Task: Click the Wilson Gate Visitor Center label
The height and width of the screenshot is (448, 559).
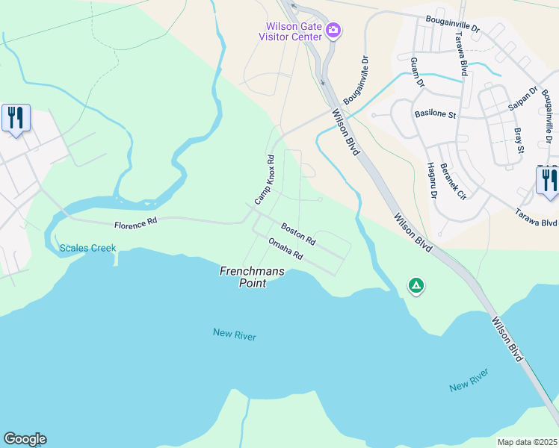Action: click(x=290, y=31)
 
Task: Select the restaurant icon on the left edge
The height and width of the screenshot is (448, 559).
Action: click(x=16, y=118)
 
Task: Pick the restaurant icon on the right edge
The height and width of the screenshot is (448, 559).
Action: click(x=548, y=181)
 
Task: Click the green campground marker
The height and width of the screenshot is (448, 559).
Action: click(x=416, y=285)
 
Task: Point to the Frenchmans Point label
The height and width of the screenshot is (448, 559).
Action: click(x=253, y=277)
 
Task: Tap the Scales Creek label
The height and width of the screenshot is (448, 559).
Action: click(x=87, y=248)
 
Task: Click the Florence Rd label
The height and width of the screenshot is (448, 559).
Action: click(x=135, y=223)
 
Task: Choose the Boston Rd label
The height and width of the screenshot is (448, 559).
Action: click(x=298, y=234)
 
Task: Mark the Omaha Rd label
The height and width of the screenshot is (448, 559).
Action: click(x=285, y=249)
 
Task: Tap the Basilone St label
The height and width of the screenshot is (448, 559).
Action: click(x=435, y=114)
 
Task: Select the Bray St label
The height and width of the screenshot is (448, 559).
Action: click(x=519, y=140)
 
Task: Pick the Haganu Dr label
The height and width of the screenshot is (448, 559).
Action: click(x=431, y=181)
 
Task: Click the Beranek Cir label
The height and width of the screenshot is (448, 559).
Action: click(x=453, y=181)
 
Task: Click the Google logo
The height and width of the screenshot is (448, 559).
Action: click(x=25, y=439)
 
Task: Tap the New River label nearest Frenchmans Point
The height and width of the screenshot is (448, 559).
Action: click(x=234, y=335)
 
